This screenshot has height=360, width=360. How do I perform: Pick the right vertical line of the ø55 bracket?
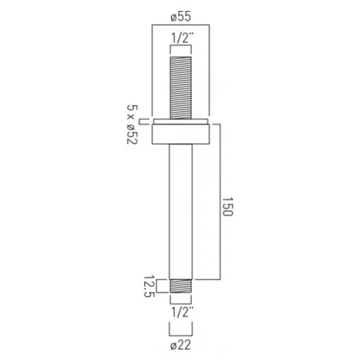click(211, 71)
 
